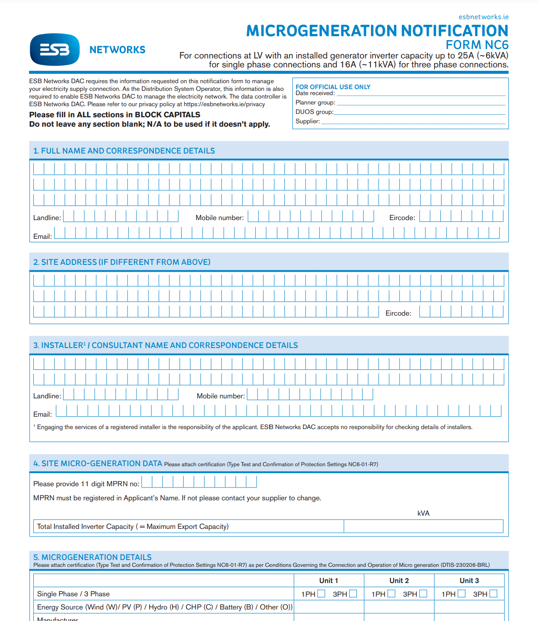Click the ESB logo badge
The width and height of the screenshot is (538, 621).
point(55,49)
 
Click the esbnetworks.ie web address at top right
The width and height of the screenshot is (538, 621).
point(483,17)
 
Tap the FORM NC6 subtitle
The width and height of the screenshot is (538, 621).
point(477,45)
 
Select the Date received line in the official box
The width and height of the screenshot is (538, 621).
point(420,93)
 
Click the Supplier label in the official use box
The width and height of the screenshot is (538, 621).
point(307,121)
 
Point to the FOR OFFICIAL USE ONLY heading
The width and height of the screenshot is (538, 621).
point(333,87)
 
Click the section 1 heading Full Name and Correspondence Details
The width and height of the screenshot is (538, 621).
point(124,151)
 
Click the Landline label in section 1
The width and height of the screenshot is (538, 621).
point(47,218)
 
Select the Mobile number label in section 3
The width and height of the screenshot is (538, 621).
point(220,396)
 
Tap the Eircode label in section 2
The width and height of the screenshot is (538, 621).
point(398,313)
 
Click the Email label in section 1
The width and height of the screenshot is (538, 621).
point(42,237)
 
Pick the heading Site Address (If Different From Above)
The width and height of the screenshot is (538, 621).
point(122,262)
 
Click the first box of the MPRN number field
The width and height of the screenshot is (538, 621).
point(147,482)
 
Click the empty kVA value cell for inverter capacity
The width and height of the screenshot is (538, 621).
point(423,526)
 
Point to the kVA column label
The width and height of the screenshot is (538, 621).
point(423,513)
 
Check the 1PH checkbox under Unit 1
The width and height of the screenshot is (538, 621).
point(321,594)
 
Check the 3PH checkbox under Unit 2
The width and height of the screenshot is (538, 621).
point(423,594)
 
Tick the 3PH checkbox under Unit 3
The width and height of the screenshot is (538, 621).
point(493,594)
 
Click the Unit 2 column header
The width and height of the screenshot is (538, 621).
point(399,580)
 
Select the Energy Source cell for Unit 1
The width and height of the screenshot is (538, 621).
point(329,607)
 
